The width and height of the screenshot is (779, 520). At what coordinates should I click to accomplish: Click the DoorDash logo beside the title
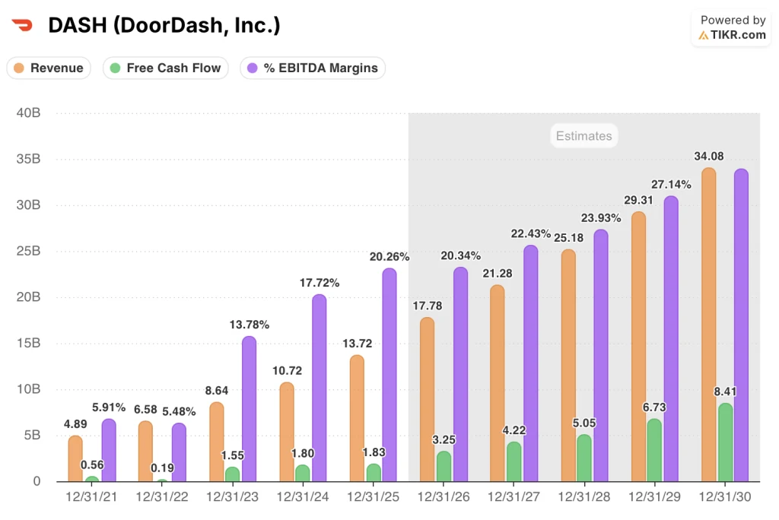click(x=22, y=25)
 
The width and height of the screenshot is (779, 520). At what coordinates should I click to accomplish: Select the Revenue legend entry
click(x=49, y=68)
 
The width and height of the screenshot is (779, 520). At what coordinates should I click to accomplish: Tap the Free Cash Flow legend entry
click(x=165, y=68)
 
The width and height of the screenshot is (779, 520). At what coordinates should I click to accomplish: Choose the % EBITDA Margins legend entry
click(x=313, y=68)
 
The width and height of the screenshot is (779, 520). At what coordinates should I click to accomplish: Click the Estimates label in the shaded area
click(x=583, y=136)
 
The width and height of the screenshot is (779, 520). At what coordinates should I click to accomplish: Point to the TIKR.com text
click(x=738, y=35)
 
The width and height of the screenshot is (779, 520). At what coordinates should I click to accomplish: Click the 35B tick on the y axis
click(x=28, y=159)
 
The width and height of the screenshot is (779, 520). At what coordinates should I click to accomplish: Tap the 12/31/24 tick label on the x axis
click(x=303, y=496)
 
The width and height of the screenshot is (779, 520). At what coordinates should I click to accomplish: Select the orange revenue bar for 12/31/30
click(x=708, y=325)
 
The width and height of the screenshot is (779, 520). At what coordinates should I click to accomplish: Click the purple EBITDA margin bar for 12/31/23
click(x=249, y=409)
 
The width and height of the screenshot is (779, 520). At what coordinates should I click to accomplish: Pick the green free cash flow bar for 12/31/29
click(x=654, y=450)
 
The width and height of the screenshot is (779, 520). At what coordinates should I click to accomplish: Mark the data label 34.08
click(x=709, y=156)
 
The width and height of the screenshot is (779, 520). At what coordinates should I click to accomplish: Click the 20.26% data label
click(x=389, y=257)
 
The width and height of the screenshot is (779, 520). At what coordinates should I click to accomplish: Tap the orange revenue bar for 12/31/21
click(x=75, y=458)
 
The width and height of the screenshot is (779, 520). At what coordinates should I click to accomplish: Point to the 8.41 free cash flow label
click(x=725, y=392)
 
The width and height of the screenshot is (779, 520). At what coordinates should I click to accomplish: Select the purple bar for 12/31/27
click(x=530, y=363)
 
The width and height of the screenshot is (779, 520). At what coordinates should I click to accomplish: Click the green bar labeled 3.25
click(x=444, y=466)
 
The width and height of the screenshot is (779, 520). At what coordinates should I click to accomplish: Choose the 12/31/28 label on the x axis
click(x=584, y=496)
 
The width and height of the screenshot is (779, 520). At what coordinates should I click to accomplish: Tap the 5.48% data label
click(x=179, y=412)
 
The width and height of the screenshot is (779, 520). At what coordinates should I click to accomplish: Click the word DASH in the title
click(x=78, y=25)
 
